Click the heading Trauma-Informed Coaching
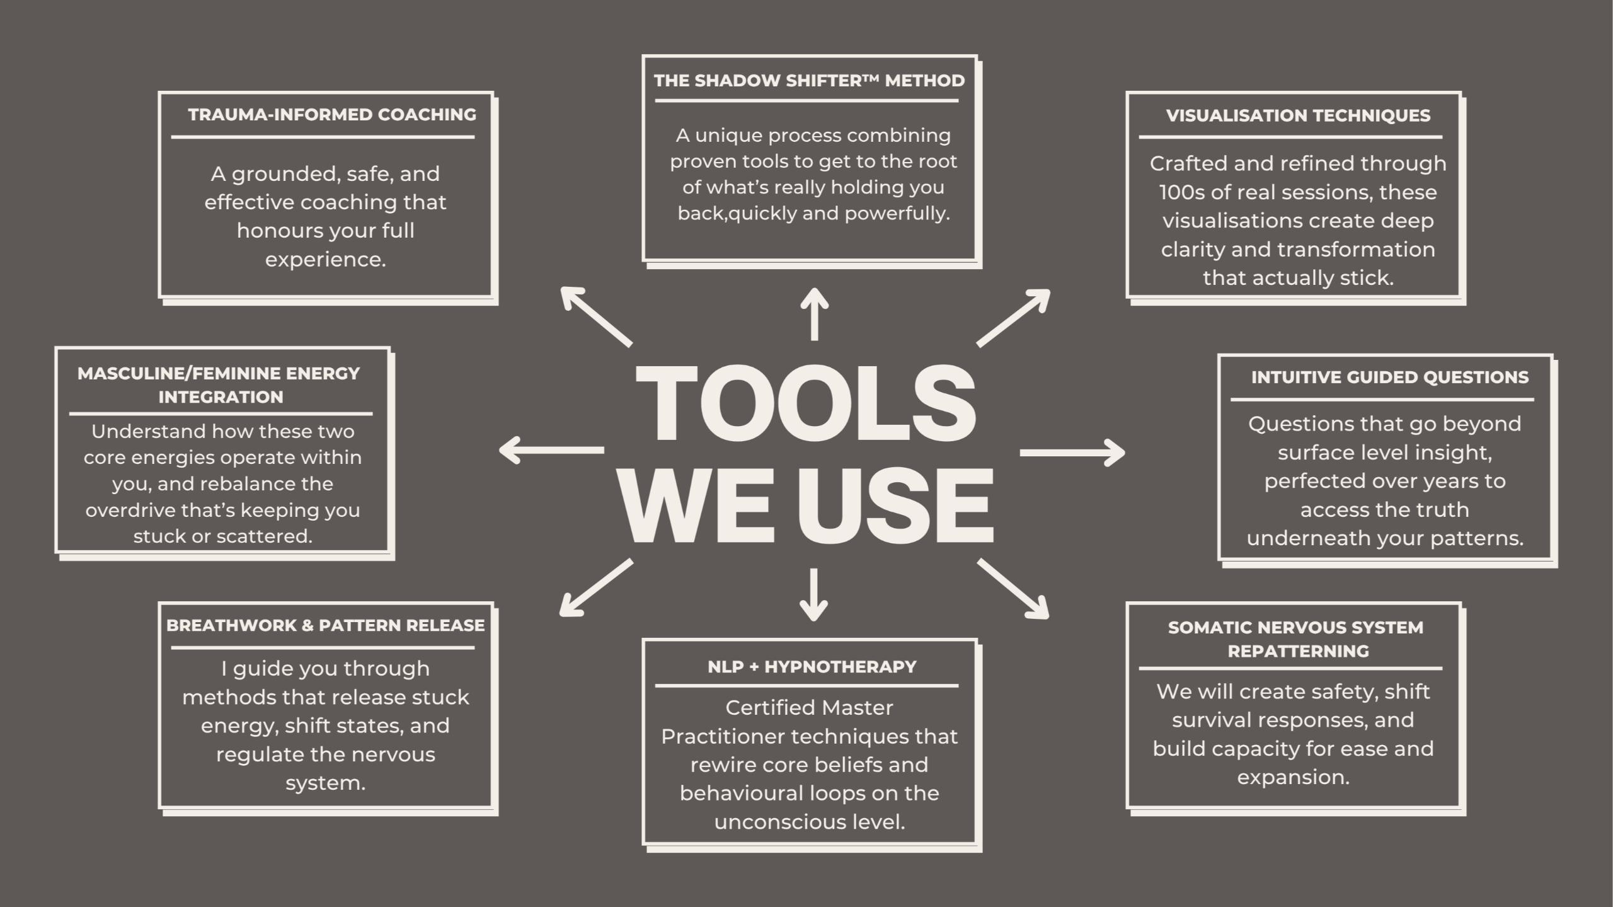tap(332, 115)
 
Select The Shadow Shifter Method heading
tap(809, 81)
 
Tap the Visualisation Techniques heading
tap(1298, 116)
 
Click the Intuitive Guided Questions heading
tap(1389, 378)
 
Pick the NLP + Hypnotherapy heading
tap(812, 667)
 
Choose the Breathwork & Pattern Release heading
tap(325, 626)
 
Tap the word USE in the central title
tap(898, 506)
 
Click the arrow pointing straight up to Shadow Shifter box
tap(814, 315)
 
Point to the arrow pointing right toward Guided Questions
tap(1072, 453)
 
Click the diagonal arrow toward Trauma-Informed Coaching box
tap(595, 316)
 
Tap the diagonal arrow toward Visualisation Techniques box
tap(1014, 318)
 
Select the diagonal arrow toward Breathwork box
tap(595, 587)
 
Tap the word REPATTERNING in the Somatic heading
tap(1298, 652)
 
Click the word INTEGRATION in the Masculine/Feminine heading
tap(221, 398)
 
